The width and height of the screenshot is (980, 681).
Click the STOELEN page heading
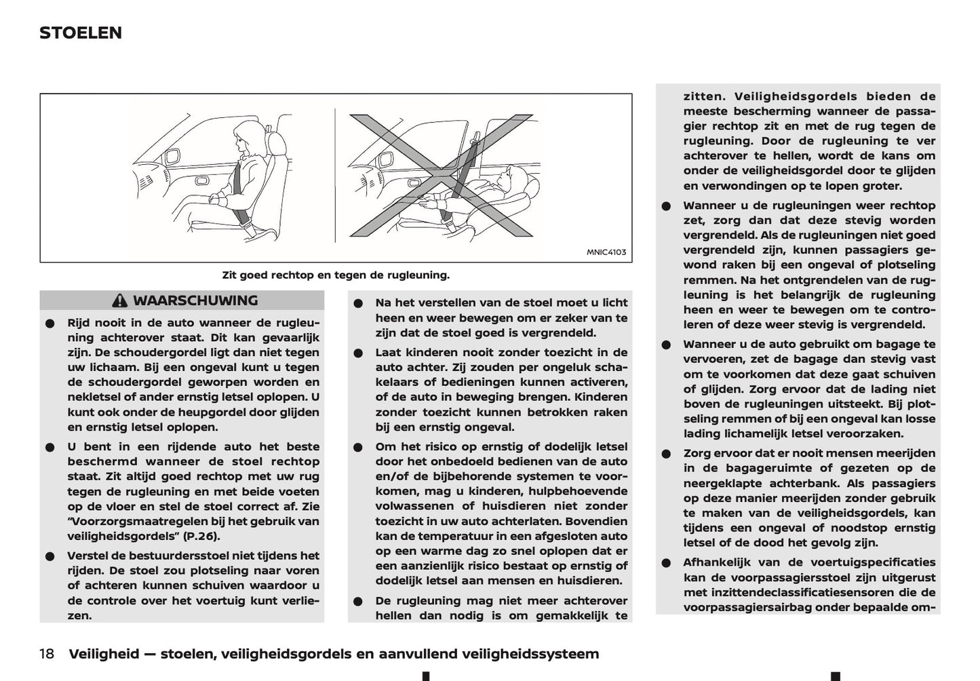(81, 33)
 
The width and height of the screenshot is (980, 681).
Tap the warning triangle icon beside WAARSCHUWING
(120, 300)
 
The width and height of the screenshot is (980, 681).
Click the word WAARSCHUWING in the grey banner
(195, 300)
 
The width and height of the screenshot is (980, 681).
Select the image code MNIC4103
(606, 252)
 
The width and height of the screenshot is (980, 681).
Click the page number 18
(47, 654)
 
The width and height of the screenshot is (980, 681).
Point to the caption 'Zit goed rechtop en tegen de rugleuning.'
(336, 275)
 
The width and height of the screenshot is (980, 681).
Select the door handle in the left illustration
(202, 181)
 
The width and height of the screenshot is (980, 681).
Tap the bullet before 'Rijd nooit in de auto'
(50, 324)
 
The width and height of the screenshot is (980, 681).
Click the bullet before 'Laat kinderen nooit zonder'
(358, 353)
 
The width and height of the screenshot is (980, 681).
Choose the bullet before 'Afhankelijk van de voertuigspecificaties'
(667, 563)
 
